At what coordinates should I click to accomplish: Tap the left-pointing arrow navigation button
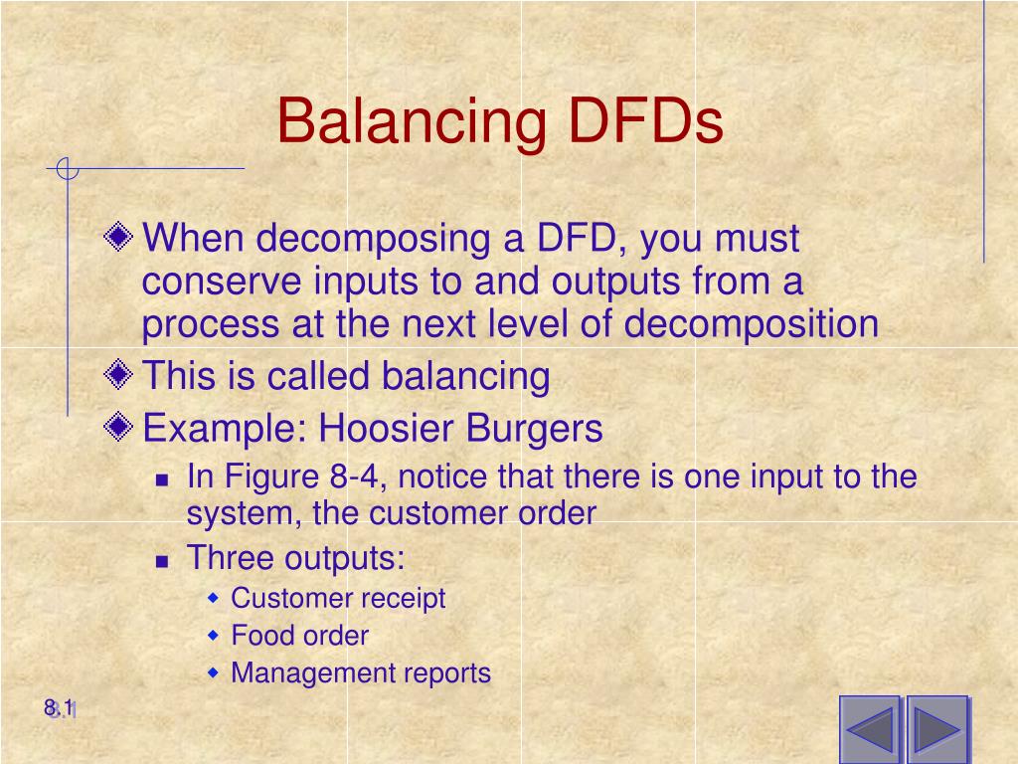click(x=870, y=729)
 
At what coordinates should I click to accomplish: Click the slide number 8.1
click(x=60, y=708)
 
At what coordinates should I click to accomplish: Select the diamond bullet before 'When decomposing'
click(x=119, y=238)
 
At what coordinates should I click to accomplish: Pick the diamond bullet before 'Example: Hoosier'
click(x=119, y=429)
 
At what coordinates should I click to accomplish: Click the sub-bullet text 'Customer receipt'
click(x=338, y=598)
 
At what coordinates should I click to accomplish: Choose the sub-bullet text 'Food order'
click(x=299, y=635)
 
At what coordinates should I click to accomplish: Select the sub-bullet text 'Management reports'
click(x=361, y=672)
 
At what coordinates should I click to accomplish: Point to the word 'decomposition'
click(x=758, y=324)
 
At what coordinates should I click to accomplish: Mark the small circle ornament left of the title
click(x=67, y=169)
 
